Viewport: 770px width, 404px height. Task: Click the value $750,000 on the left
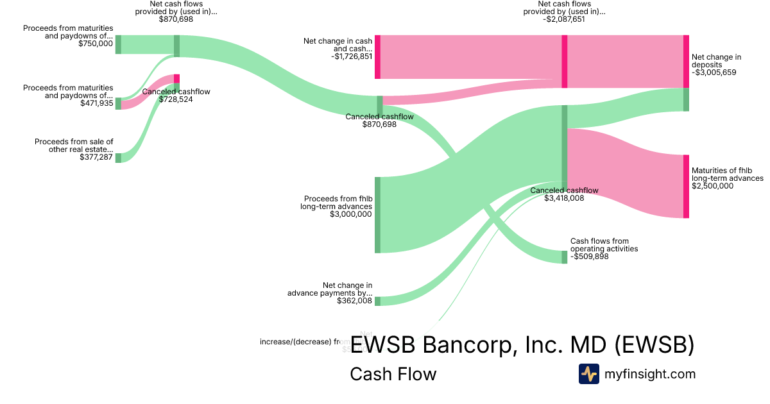96,44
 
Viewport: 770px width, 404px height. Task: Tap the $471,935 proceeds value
96,103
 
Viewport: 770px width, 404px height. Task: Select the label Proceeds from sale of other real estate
74,146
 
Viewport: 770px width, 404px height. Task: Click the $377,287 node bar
118,158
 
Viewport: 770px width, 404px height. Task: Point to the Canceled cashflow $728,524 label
176,96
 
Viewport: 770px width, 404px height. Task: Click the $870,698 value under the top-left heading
176,19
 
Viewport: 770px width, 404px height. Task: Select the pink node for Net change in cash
377,57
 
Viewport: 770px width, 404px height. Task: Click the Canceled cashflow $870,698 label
379,120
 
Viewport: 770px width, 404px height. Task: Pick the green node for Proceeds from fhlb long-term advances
377,215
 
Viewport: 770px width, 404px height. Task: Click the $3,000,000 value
350,214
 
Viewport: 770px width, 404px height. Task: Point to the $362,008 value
354,300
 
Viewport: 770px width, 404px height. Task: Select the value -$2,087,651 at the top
564,19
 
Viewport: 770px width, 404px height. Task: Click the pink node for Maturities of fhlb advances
686,186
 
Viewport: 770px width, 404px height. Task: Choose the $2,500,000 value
712,186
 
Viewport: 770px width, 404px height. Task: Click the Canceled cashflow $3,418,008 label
564,194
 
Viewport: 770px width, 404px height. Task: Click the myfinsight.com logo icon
588,374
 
